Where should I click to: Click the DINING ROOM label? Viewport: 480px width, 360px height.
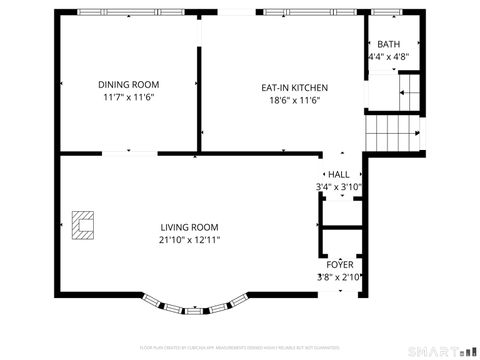point(128,85)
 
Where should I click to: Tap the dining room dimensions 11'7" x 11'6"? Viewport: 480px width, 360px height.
point(128,98)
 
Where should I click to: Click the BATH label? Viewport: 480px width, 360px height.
point(387,44)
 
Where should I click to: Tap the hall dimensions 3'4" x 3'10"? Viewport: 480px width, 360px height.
point(338,187)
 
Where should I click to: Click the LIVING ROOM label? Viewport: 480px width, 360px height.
point(189,227)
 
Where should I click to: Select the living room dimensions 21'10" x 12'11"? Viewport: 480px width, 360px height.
point(189,240)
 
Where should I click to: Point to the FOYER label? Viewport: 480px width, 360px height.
point(339,264)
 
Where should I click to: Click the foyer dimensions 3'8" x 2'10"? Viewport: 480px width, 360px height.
point(339,277)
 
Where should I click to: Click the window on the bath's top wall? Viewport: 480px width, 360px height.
point(394,13)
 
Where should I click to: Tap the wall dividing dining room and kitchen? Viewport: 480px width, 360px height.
point(199,95)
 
